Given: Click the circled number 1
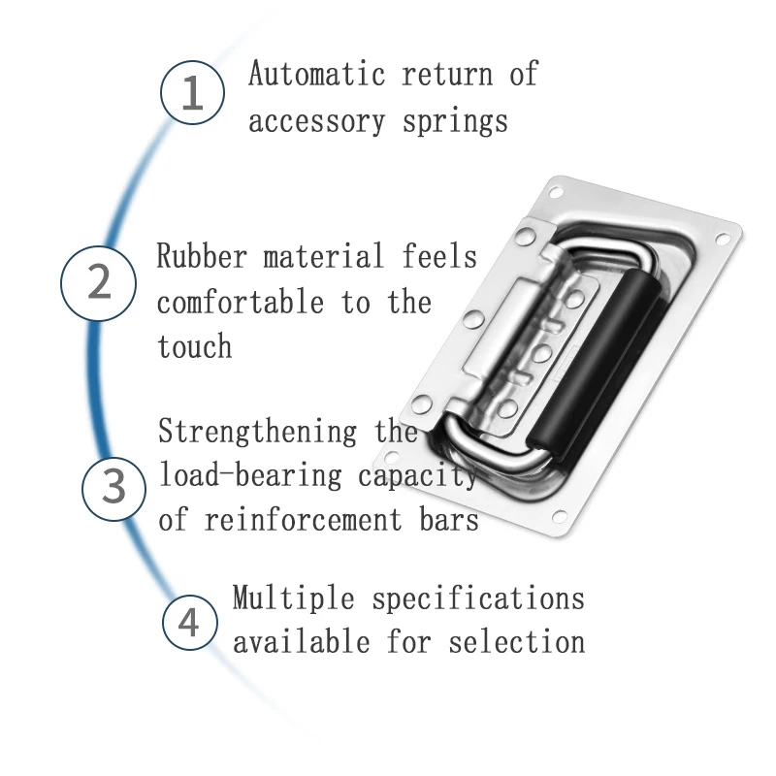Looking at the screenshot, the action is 192,94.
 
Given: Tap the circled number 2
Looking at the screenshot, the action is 100,282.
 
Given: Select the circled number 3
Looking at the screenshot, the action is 114,485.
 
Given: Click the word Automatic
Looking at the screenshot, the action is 315,75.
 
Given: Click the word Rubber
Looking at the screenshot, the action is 202,257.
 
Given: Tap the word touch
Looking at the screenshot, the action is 194,346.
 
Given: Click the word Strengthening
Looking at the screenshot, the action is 257,432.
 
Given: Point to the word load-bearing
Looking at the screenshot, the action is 249,475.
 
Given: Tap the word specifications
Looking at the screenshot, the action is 478,598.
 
